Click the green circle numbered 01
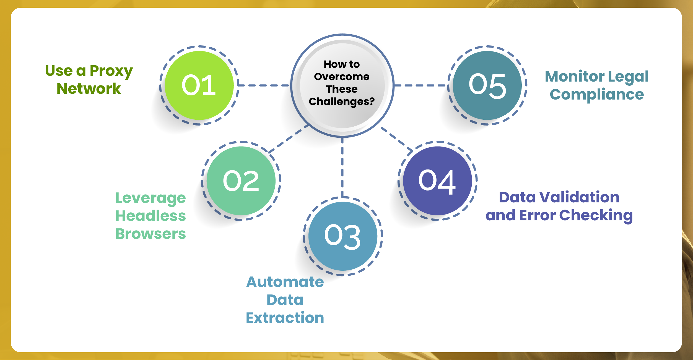pos(199,85)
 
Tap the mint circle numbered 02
pos(241,181)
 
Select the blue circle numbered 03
pos(343,236)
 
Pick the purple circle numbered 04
pos(437,181)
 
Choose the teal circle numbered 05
pos(487,85)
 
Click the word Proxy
pos(111,71)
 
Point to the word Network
pos(89,89)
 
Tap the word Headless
pos(150,216)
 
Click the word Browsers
pos(150,234)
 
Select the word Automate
pos(285,282)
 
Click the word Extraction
pos(285,318)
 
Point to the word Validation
pos(579,197)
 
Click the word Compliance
pos(597,95)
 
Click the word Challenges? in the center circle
pos(342,102)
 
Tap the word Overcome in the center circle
pos(342,77)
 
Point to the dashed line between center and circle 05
pos(421,85)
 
